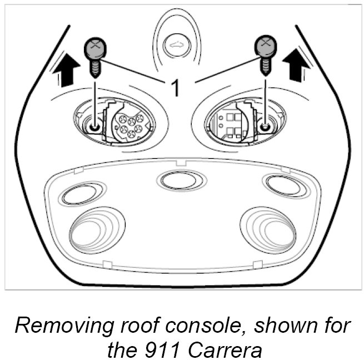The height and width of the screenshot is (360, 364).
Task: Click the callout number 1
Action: point(175,87)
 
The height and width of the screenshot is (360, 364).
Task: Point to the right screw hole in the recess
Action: point(266,126)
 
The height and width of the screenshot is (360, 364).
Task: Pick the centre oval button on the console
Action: point(181,180)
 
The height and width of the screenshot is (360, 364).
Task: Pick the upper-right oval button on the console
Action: point(285,185)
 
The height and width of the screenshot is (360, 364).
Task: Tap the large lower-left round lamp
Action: point(93,229)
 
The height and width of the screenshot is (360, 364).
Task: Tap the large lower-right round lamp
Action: point(268,228)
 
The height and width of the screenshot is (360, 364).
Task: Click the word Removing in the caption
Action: point(57,326)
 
